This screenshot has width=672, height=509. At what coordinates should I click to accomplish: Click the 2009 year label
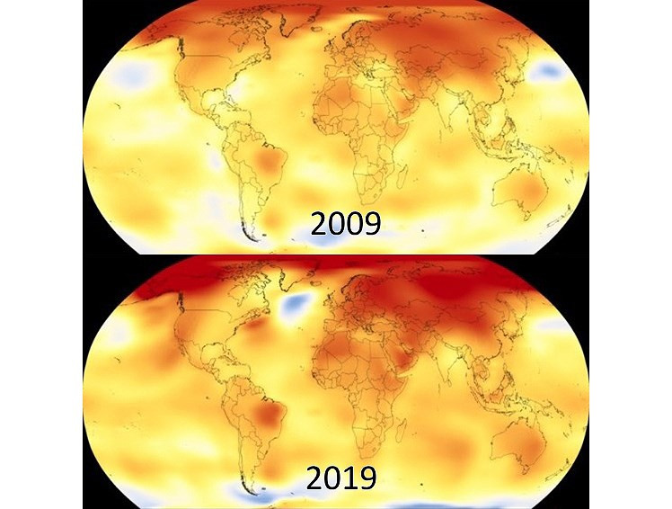pos(346,222)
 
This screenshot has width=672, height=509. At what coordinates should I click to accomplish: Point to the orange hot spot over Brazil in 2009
pos(266,163)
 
